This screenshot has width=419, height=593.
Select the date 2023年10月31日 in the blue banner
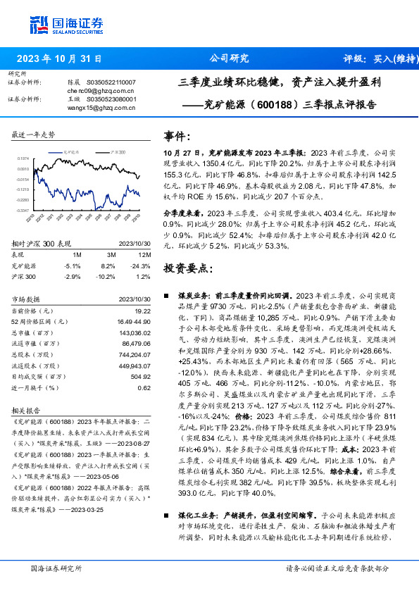coord(58,58)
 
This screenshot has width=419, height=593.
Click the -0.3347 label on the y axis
coord(23,210)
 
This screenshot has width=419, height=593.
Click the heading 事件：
coord(177,135)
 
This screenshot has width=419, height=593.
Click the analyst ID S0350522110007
coord(111,82)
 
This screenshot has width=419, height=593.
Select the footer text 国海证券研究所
coord(56,568)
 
